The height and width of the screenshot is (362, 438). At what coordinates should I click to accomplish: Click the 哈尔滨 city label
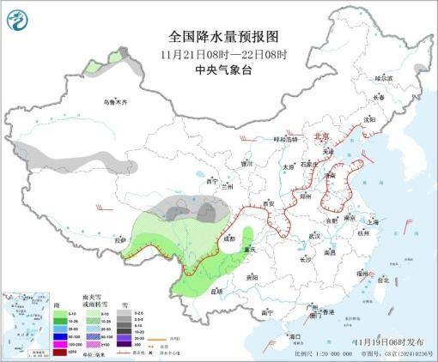pos(381,78)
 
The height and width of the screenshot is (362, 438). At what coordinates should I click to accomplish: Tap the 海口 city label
pos(295,336)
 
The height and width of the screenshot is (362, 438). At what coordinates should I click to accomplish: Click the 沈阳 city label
pos(369,120)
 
